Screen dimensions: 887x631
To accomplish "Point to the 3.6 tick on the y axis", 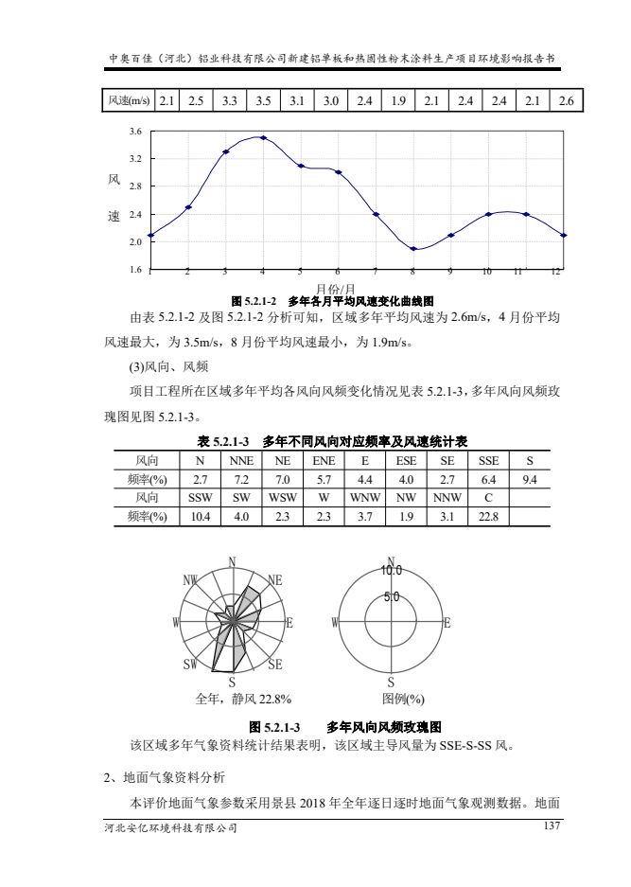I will [135, 131].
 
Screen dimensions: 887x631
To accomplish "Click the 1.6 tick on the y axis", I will [135, 270].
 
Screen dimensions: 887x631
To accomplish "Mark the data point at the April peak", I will [263, 138].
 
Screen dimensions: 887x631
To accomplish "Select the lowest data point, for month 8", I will [413, 249].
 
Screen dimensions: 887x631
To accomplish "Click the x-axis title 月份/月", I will [335, 288].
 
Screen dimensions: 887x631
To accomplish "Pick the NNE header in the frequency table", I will [240, 462].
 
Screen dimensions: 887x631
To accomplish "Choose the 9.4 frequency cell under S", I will [530, 480].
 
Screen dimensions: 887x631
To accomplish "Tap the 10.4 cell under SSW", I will [200, 517].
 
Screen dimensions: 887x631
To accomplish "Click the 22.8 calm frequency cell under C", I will [488, 517].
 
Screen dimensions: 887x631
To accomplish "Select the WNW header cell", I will [365, 498].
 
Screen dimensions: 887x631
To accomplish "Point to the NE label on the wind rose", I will [276, 579].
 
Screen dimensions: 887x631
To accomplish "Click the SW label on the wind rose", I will [190, 665].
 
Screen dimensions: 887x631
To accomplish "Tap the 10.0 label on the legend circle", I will [392, 571].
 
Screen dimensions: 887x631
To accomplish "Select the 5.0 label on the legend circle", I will [392, 597].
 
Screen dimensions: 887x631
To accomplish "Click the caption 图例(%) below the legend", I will [403, 700].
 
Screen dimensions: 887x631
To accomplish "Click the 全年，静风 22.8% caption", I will [243, 700].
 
